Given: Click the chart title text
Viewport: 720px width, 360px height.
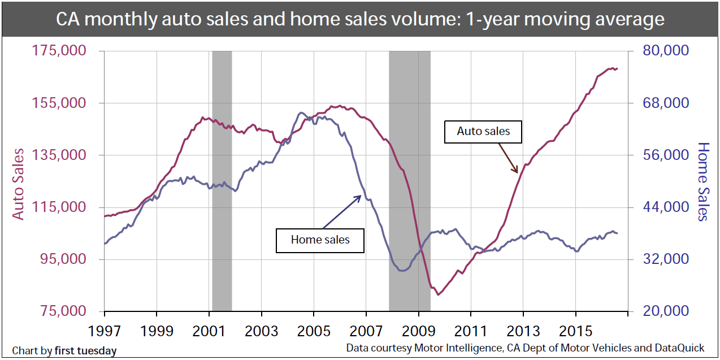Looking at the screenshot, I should pyautogui.click(x=360, y=20).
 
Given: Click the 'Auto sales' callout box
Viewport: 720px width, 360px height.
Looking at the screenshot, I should pyautogui.click(x=483, y=131).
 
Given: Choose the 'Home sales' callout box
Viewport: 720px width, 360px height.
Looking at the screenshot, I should pyautogui.click(x=320, y=240).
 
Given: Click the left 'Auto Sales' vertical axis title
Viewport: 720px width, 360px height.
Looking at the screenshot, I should pyautogui.click(x=19, y=184).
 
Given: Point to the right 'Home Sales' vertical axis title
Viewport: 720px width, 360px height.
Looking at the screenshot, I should pyautogui.click(x=702, y=181).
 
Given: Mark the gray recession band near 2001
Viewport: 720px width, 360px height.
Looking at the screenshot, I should pyautogui.click(x=222, y=181).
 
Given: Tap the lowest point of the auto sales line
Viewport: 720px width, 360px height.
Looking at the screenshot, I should pyautogui.click(x=437, y=294).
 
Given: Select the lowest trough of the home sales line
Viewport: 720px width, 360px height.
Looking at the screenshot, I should pyautogui.click(x=402, y=271).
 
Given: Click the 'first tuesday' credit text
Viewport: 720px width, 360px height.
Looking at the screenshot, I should pyautogui.click(x=85, y=350).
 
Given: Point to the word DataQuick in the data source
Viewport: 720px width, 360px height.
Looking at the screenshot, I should pyautogui.click(x=679, y=348).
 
